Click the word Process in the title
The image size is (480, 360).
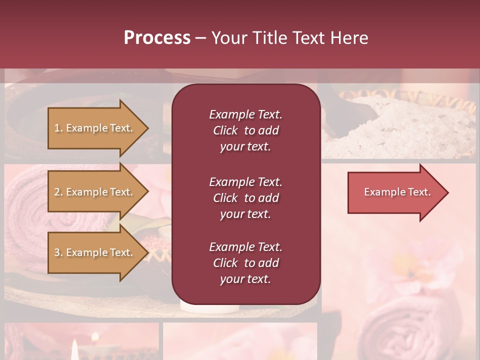[x=157, y=38]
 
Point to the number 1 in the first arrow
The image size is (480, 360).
[x=56, y=128]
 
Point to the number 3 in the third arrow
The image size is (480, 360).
[x=56, y=252]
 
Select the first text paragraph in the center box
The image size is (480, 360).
[x=245, y=130]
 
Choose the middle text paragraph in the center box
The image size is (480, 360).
[x=245, y=197]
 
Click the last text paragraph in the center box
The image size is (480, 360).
[x=245, y=263]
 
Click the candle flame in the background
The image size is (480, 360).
[x=75, y=348]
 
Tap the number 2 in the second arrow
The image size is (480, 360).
[x=56, y=192]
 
